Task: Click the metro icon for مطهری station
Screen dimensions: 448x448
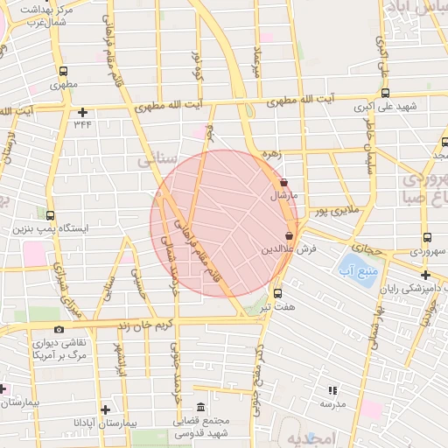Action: pos(63,72)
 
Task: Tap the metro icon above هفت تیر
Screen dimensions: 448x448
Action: pos(278,293)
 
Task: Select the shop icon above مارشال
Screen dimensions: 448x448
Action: pos(283,183)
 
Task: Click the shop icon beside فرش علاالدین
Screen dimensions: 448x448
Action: pos(289,235)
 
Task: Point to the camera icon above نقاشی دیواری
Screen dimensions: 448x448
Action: pos(59,329)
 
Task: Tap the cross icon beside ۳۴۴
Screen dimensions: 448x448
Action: pos(83,112)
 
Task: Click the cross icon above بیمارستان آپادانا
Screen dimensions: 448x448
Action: pos(105,409)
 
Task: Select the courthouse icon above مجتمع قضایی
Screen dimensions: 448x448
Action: pos(201,408)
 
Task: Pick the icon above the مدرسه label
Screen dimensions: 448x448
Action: pos(332,390)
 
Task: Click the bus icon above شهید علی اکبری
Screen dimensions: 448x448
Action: pos(386,94)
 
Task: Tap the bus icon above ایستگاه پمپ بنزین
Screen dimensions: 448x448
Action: pos(50,215)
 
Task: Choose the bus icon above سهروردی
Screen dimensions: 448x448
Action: pos(426,237)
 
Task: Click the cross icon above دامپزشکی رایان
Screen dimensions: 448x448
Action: pos(424,275)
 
